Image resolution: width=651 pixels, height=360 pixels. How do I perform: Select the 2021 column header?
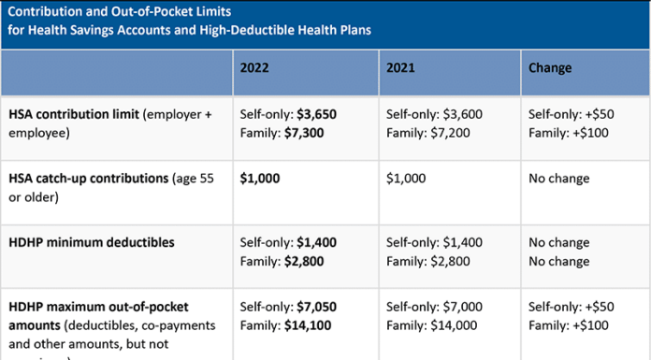coord(400,68)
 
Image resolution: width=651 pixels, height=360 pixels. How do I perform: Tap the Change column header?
coord(550,68)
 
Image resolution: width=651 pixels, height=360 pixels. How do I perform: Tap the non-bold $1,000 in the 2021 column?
coord(405,178)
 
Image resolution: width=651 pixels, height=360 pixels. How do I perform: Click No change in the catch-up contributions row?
coord(559,178)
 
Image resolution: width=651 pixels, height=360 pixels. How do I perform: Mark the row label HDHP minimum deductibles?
coord(91,242)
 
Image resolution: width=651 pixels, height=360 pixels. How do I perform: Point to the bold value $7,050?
coord(316,307)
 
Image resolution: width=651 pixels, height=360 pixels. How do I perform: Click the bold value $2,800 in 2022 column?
coord(304,262)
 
